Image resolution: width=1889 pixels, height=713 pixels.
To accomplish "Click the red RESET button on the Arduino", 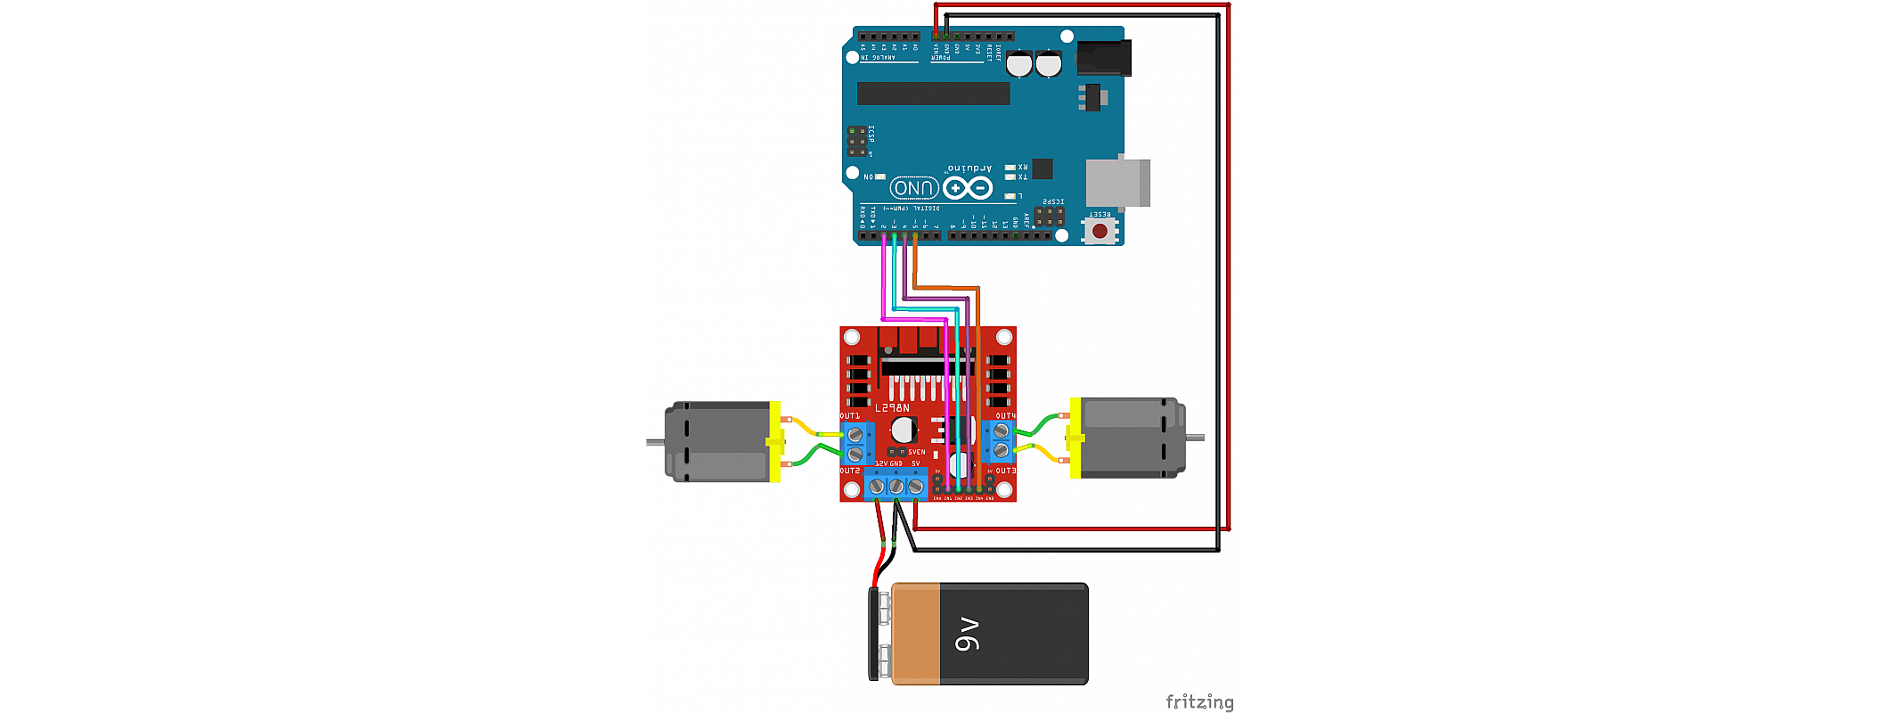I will click(x=1100, y=232).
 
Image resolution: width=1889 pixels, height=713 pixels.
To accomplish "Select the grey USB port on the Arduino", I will click(x=1117, y=183).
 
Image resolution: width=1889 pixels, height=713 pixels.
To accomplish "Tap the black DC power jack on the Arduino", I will click(x=1103, y=59).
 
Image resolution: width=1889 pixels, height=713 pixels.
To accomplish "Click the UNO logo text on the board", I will click(x=913, y=188).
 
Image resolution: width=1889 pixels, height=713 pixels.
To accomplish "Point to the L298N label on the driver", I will click(x=892, y=408).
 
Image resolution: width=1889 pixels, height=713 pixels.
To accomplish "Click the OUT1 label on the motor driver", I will click(x=850, y=416).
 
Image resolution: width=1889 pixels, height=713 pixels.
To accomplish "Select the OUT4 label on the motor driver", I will click(x=1005, y=416).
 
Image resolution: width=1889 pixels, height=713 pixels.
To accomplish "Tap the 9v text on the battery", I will click(x=968, y=634).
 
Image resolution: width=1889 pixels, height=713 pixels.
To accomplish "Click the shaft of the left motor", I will click(x=655, y=442).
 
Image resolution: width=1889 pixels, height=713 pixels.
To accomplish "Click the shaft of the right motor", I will click(x=1195, y=438).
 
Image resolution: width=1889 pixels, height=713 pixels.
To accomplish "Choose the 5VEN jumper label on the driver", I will click(x=916, y=453).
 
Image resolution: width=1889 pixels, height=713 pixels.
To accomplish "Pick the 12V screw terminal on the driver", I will click(x=877, y=487).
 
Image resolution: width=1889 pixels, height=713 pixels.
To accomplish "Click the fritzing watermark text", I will click(x=1199, y=702).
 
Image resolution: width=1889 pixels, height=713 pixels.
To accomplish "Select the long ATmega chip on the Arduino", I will click(x=933, y=94).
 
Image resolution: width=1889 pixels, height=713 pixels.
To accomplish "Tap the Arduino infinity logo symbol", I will click(x=968, y=188).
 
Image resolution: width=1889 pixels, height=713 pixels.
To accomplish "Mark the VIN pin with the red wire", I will click(x=936, y=37).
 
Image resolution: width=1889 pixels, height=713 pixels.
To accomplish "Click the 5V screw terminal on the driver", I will click(x=915, y=487).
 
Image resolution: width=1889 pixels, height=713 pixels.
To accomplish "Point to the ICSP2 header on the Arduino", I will click(x=1049, y=217).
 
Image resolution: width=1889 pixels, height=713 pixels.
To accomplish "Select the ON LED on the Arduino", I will click(x=879, y=176).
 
